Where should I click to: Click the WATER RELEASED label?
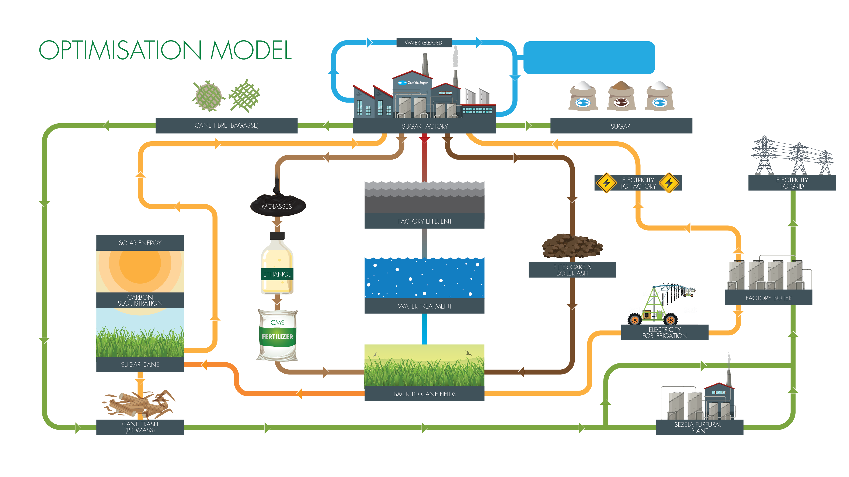pyautogui.click(x=424, y=42)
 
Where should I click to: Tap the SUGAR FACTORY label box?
pyautogui.click(x=424, y=126)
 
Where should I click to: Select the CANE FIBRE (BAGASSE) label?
pyautogui.click(x=226, y=125)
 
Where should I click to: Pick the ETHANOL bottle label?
pyautogui.click(x=277, y=274)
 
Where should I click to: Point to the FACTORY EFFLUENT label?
pyautogui.click(x=424, y=221)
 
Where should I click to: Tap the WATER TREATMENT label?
pyautogui.click(x=424, y=306)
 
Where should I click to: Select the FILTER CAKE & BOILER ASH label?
pyautogui.click(x=572, y=270)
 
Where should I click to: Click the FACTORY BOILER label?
pyautogui.click(x=768, y=298)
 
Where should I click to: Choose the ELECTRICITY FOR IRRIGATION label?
pyautogui.click(x=664, y=332)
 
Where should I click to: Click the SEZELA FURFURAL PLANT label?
pyautogui.click(x=699, y=427)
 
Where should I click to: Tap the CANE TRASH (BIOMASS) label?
pyautogui.click(x=140, y=427)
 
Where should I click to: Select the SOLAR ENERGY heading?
pyautogui.click(x=140, y=243)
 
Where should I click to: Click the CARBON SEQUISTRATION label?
pyautogui.click(x=140, y=300)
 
